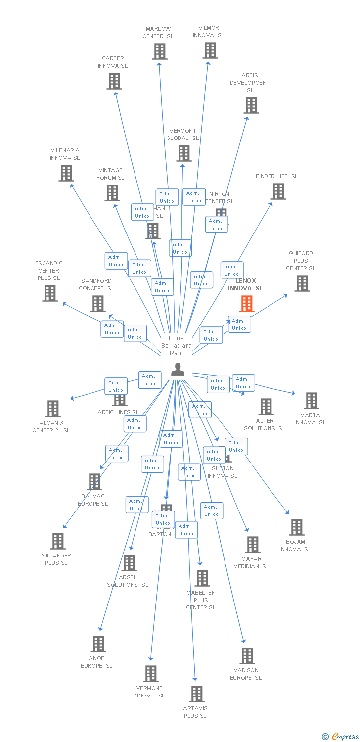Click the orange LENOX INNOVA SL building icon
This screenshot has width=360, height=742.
click(246, 304)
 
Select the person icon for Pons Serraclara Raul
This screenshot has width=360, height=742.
click(178, 369)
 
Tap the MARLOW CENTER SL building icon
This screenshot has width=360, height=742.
click(159, 51)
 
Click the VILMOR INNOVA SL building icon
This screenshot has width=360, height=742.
click(210, 50)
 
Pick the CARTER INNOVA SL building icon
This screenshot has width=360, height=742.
click(114, 81)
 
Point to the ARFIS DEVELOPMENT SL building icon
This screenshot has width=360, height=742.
click(251, 105)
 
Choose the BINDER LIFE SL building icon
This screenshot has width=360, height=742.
click(278, 191)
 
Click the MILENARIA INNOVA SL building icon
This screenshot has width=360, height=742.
click(66, 173)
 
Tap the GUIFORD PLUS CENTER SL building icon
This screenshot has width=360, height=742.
click(302, 283)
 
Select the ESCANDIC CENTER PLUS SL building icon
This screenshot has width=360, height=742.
click(50, 293)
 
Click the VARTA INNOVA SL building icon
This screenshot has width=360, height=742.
click(311, 401)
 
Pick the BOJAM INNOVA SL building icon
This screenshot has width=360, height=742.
click(296, 527)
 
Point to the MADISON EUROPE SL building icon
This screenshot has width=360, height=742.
click(247, 656)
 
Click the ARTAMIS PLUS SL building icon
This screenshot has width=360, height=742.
click(197, 694)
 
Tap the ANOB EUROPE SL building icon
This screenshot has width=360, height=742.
click(98, 644)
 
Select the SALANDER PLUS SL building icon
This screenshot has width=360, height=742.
click(58, 541)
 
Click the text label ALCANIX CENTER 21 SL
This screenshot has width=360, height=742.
click(51, 427)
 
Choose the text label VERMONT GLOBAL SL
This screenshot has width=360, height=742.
click(182, 135)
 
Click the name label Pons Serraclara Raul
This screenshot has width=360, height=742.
click(177, 346)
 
